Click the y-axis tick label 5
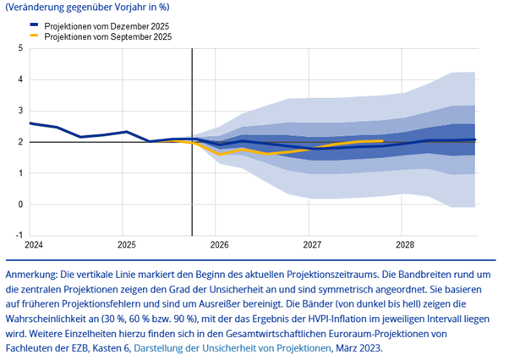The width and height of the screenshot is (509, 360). tap(21, 48)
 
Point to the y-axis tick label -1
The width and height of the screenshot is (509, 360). tap(19, 236)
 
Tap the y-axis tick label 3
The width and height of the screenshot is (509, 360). tap(21, 111)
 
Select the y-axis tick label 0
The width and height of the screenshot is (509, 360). tap(21, 205)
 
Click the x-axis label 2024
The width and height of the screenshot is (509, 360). tap(34, 245)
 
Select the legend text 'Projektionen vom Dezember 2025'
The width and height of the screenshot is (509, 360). tap(107, 27)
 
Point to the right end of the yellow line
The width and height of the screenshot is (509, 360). tap(383, 141)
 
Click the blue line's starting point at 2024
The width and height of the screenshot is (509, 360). tap(30, 123)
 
